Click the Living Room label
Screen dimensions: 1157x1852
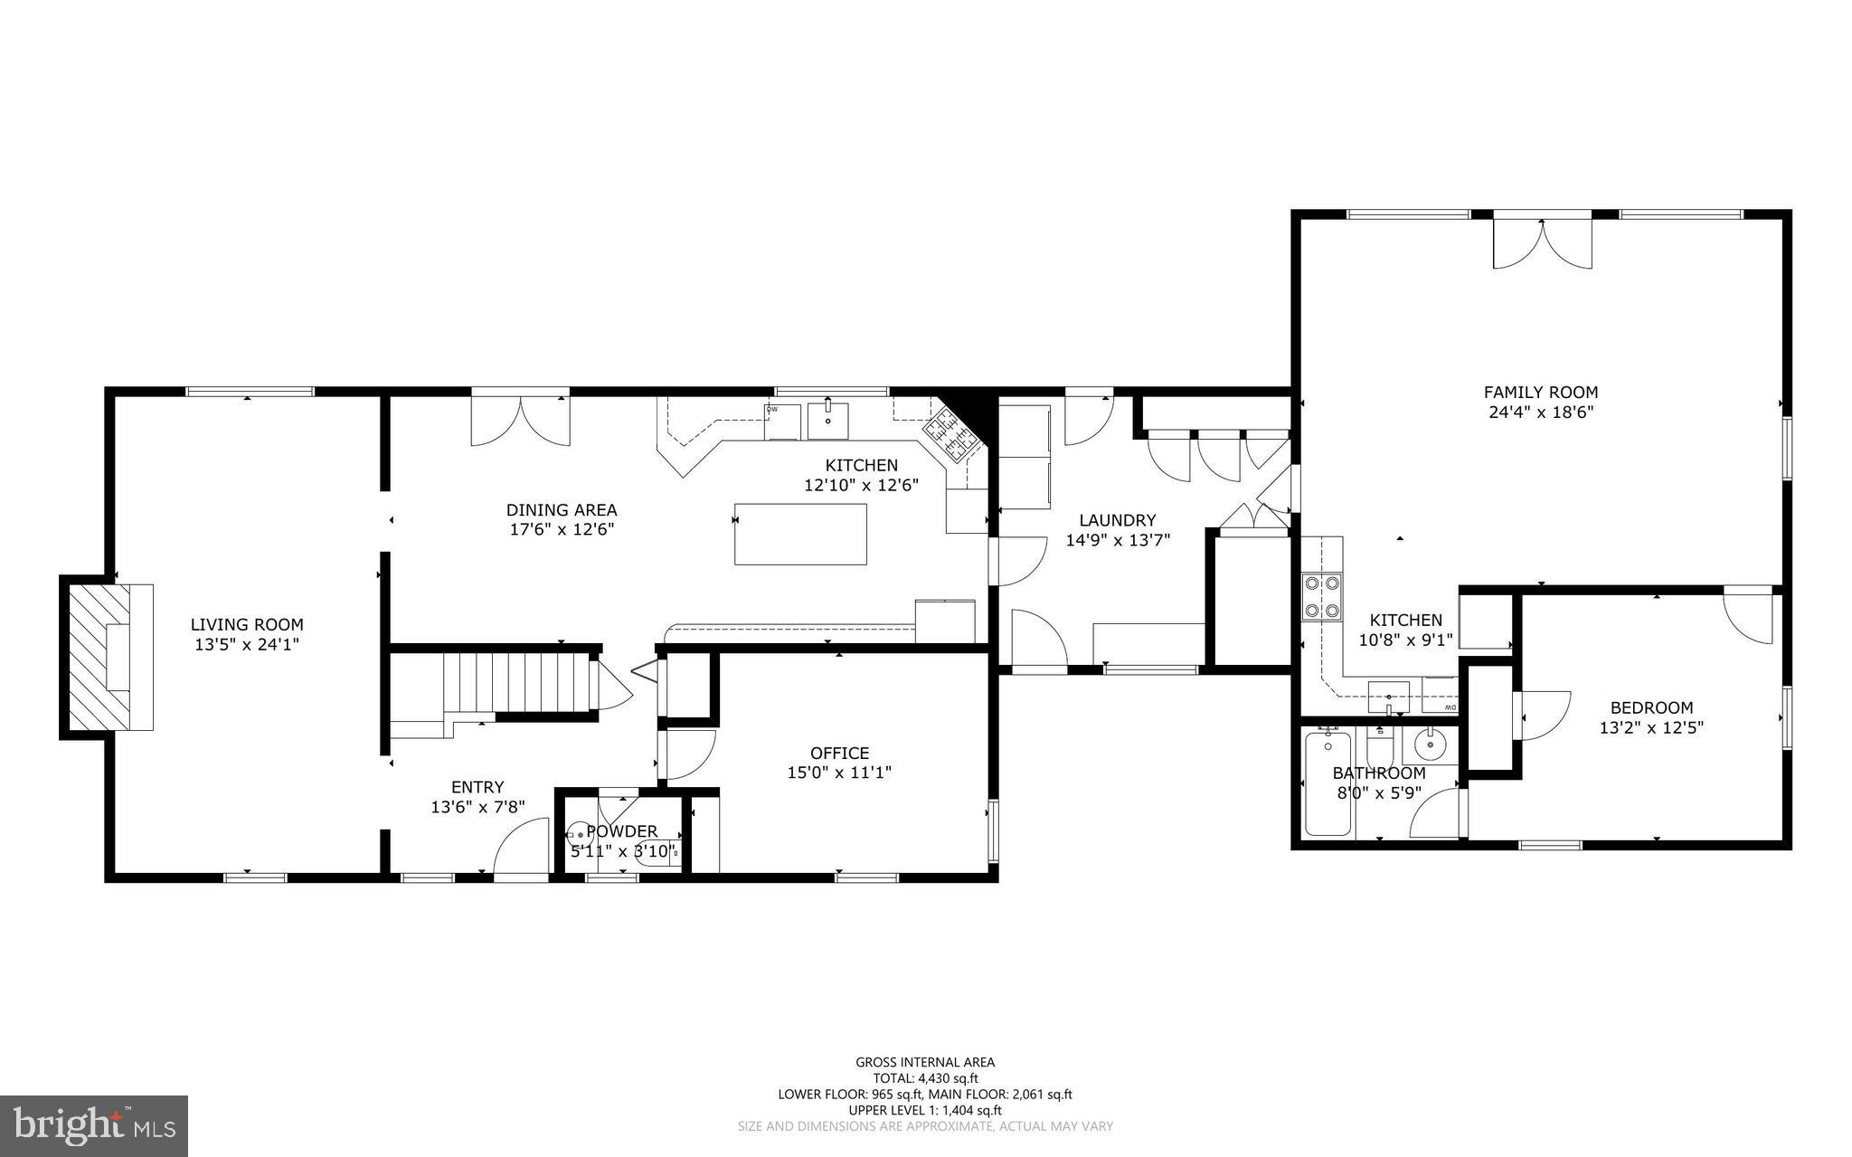[x=247, y=624]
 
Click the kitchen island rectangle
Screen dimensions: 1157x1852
[x=800, y=534]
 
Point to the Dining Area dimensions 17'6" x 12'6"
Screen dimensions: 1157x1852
[x=562, y=529]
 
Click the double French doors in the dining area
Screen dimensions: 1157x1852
[x=521, y=422]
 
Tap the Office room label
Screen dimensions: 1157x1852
[x=839, y=753]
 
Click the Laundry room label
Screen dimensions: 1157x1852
[x=1118, y=520]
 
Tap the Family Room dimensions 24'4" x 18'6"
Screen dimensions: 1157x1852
[x=1540, y=412]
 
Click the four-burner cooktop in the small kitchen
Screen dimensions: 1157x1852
[x=1320, y=597]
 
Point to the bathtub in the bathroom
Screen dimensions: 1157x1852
[x=1328, y=783]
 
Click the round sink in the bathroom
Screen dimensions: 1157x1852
[x=1431, y=746]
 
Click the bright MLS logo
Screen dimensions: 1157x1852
[x=94, y=1125]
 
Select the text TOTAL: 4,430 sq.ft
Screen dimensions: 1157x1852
[x=925, y=1078]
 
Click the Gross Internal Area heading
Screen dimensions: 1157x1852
[x=925, y=1062]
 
